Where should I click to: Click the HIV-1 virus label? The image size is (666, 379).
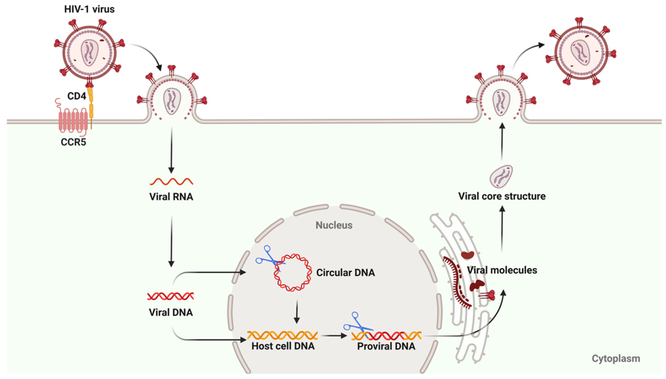pyautogui.click(x=89, y=9)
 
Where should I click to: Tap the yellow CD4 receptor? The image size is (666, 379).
pyautogui.click(x=91, y=104)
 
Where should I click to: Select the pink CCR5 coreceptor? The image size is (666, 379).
pyautogui.click(x=72, y=119)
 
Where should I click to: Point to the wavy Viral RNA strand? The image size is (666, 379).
pyautogui.click(x=171, y=182)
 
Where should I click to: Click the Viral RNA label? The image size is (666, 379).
pyautogui.click(x=171, y=196)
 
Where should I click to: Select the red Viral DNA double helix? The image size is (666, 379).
pyautogui.click(x=171, y=296)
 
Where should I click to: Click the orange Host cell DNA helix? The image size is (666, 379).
pyautogui.click(x=282, y=335)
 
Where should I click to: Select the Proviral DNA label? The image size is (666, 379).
pyautogui.click(x=386, y=346)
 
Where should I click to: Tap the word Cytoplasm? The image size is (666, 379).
pyautogui.click(x=616, y=358)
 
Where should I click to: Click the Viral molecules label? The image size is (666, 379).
pyautogui.click(x=502, y=270)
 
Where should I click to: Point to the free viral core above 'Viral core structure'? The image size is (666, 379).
pyautogui.click(x=501, y=176)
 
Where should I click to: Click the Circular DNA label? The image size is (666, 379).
pyautogui.click(x=345, y=273)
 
